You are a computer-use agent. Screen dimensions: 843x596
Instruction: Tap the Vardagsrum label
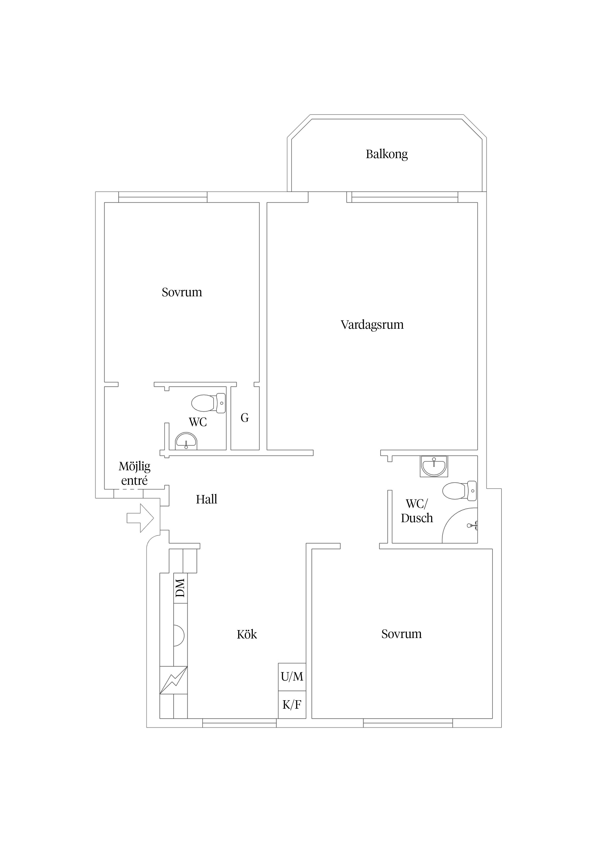point(372,325)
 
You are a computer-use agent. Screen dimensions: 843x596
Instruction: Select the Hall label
point(206,499)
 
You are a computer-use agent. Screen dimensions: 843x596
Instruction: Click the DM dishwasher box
point(180,588)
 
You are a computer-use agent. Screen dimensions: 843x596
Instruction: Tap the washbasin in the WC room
point(186,441)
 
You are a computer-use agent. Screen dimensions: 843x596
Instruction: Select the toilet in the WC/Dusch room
point(459,491)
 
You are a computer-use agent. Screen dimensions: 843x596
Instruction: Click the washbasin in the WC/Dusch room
point(434,466)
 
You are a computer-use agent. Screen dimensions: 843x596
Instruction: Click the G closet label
point(245,418)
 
